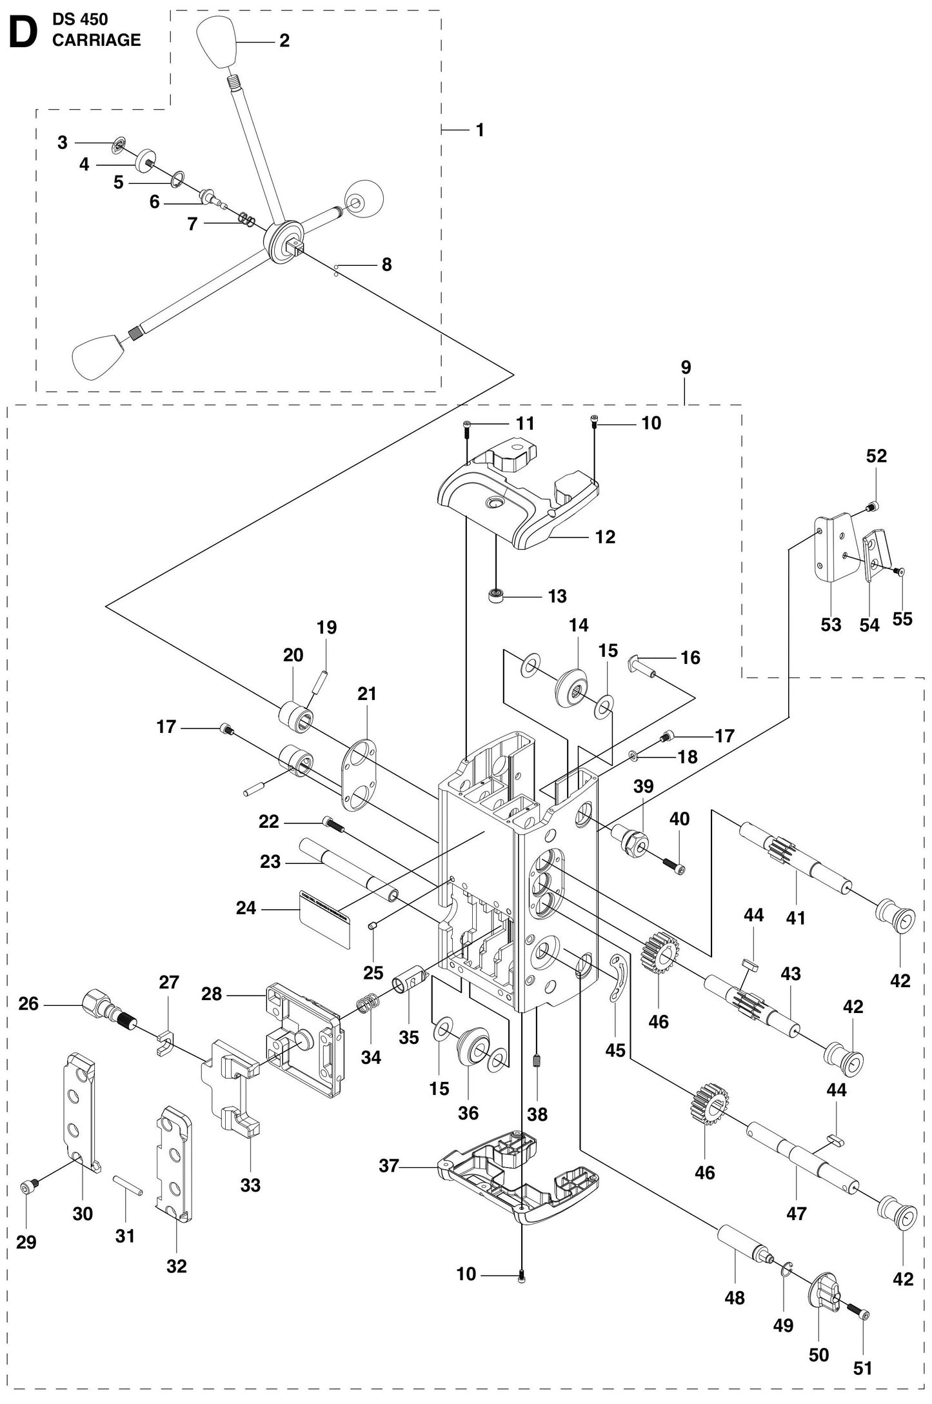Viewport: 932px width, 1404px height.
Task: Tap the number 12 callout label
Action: coord(604,537)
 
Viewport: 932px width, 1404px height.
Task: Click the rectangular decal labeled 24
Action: coord(325,918)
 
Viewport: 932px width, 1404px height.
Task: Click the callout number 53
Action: coord(831,624)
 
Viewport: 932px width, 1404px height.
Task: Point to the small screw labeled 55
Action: coord(899,571)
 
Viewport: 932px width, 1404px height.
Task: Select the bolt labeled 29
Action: coord(30,1184)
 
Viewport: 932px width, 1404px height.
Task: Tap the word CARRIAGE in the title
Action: coord(96,40)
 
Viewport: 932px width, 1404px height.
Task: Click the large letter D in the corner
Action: coord(23,32)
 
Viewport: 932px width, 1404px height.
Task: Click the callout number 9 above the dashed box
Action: coord(686,367)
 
